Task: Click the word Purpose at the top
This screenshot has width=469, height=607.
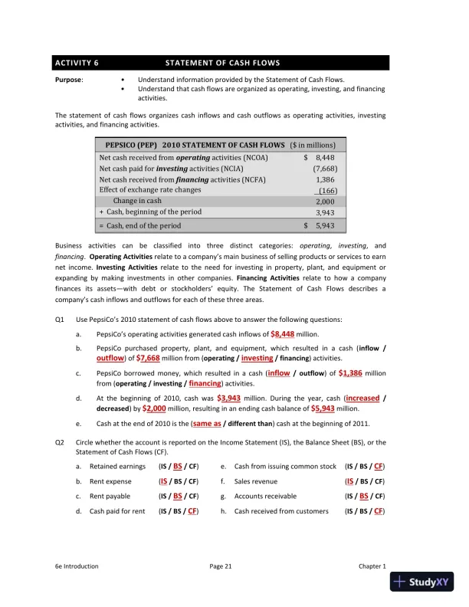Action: (x=68, y=80)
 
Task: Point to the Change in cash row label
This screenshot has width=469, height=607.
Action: (x=143, y=201)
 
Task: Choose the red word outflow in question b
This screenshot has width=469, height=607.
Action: (x=112, y=358)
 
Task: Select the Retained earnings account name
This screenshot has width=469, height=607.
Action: (x=117, y=466)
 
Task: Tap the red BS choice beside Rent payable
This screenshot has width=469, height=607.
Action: (x=178, y=497)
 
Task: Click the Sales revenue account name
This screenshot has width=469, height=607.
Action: (x=256, y=481)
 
